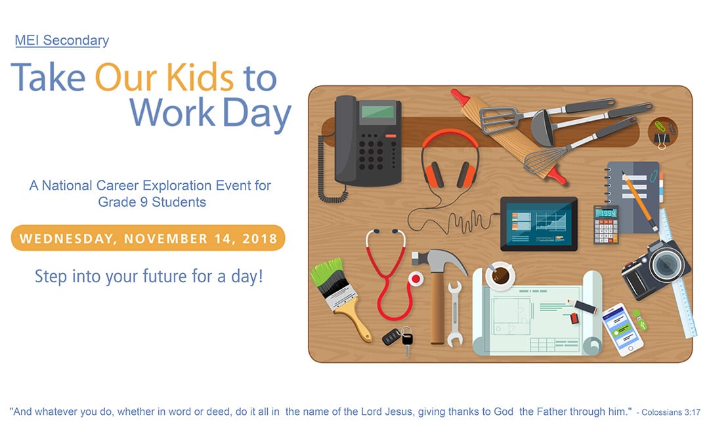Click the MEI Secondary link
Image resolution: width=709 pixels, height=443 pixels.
click(x=62, y=41)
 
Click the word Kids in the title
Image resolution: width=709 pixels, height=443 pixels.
click(x=200, y=77)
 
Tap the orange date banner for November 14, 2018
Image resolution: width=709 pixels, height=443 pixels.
click(x=148, y=238)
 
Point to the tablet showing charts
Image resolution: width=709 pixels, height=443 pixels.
click(x=539, y=223)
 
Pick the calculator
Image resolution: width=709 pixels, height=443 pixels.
click(x=605, y=224)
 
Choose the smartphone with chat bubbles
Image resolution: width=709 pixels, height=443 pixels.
click(x=622, y=329)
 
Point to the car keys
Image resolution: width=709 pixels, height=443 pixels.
click(x=398, y=338)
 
